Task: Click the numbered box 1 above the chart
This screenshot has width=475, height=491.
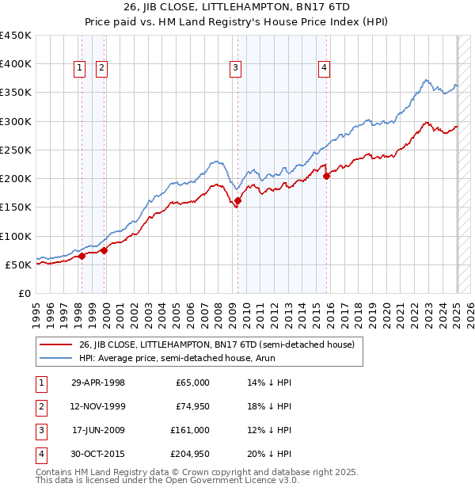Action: [x=81, y=69]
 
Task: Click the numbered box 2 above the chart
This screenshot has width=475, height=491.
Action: [x=102, y=69]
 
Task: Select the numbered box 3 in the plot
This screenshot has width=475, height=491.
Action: [x=236, y=69]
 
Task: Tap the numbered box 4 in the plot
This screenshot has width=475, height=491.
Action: [x=325, y=69]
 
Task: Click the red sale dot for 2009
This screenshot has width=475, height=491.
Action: [x=237, y=201]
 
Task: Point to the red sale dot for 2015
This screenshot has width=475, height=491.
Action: [x=327, y=176]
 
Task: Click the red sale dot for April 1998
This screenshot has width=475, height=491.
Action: [x=82, y=256]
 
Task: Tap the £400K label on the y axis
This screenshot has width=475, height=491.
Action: [x=16, y=64]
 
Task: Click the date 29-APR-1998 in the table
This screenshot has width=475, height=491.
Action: [x=98, y=383]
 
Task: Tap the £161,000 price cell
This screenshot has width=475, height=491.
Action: [x=190, y=430]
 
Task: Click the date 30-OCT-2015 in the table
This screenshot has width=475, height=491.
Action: [x=98, y=454]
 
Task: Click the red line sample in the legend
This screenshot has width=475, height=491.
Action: [x=55, y=344]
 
